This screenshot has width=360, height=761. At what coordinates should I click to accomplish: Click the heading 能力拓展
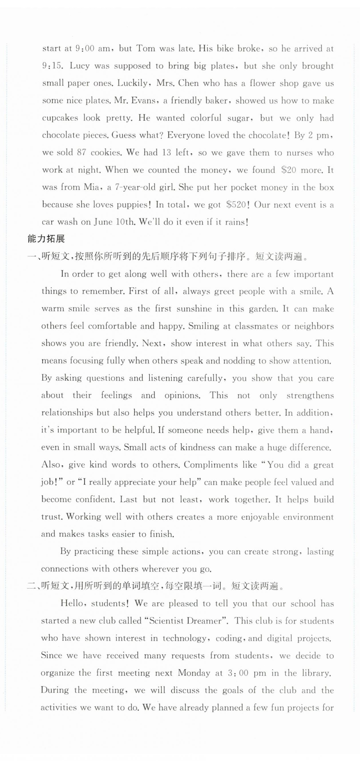tap(46, 239)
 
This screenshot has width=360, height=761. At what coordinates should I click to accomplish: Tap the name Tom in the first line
tap(145, 48)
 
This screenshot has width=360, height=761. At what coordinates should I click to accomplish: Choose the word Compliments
tap(211, 465)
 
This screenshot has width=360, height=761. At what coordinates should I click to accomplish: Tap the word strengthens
tap(310, 395)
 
